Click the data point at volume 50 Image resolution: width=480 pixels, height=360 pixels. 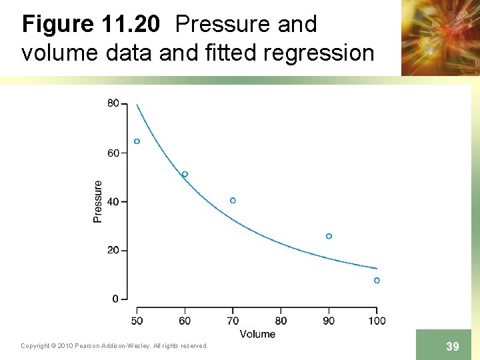click(137, 141)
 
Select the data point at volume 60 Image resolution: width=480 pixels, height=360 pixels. click(185, 174)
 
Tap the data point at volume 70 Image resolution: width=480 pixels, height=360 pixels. click(233, 201)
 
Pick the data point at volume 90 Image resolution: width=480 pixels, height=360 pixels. click(329, 236)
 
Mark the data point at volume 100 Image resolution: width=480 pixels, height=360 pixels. click(377, 281)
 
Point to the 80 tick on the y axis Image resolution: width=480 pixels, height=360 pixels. click(113, 103)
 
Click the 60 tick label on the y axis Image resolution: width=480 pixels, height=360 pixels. click(113, 153)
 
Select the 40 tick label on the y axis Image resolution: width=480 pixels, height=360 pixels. click(113, 201)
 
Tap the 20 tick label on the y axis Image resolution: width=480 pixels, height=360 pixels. click(113, 250)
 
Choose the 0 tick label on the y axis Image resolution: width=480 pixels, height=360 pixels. click(115, 299)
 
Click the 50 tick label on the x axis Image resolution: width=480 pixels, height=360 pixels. click(137, 321)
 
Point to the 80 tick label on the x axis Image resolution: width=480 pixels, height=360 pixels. click(281, 321)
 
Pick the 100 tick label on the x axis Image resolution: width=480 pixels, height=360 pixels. click(377, 321)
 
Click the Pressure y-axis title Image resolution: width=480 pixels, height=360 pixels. click(98, 201)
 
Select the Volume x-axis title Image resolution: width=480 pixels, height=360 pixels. click(257, 333)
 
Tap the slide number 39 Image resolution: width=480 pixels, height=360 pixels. click(452, 347)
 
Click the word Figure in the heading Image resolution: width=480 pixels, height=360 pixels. click(58, 25)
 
